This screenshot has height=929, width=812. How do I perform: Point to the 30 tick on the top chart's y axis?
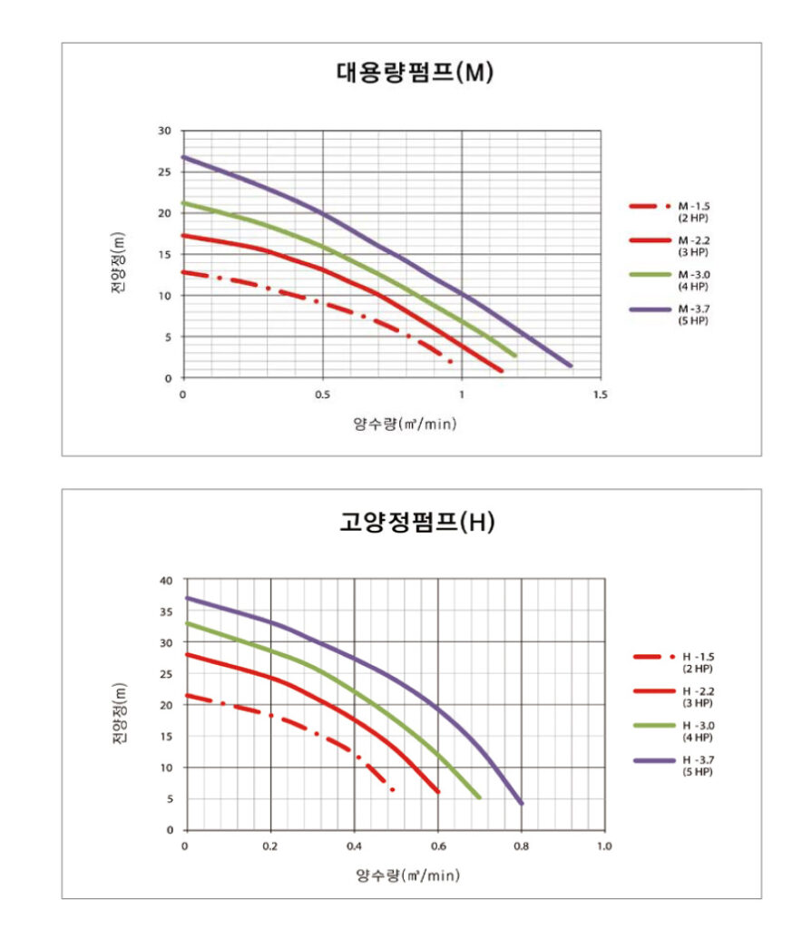click(x=164, y=131)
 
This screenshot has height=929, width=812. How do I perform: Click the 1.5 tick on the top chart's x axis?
click(x=601, y=395)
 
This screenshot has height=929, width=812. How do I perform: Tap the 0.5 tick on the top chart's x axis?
click(x=322, y=395)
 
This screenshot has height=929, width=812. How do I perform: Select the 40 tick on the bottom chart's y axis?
click(x=165, y=580)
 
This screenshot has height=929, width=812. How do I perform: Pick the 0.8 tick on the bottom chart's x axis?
click(x=521, y=846)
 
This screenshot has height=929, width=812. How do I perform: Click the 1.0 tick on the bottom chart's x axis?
click(x=604, y=846)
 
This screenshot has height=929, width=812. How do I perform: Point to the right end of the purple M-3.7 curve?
click(x=571, y=366)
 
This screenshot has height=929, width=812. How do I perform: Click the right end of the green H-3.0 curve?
click(x=478, y=797)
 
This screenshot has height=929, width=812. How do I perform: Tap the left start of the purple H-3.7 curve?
click(x=186, y=598)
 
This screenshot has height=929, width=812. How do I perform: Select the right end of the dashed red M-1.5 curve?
click(x=450, y=361)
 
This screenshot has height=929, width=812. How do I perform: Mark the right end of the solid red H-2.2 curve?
click(x=438, y=792)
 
